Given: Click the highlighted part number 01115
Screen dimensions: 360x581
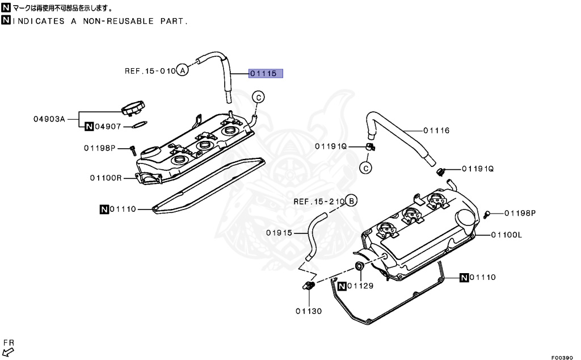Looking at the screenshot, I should coord(265,73).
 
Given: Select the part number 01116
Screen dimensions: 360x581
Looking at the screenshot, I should coord(436,131).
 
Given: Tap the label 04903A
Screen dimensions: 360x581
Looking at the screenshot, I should coord(49,119).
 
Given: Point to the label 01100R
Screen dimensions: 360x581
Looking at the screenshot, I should coord(106,178).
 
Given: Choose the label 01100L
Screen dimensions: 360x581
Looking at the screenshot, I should coord(507,235).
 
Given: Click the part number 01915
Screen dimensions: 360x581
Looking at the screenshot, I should coord(279,232).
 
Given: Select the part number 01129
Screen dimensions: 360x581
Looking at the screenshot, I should coord(360,286).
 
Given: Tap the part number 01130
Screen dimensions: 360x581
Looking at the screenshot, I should coord(308,311).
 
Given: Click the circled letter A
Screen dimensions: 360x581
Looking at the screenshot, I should coord(182,71).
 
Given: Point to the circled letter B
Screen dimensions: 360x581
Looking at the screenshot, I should coord(351,201).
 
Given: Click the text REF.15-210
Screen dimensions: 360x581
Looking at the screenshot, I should coord(319,202).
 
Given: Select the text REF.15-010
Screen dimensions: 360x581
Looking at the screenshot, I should coord(150,71).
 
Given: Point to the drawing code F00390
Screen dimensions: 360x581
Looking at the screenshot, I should coord(564,357).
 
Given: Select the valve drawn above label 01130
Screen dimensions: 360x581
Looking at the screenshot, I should coord(310,286).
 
